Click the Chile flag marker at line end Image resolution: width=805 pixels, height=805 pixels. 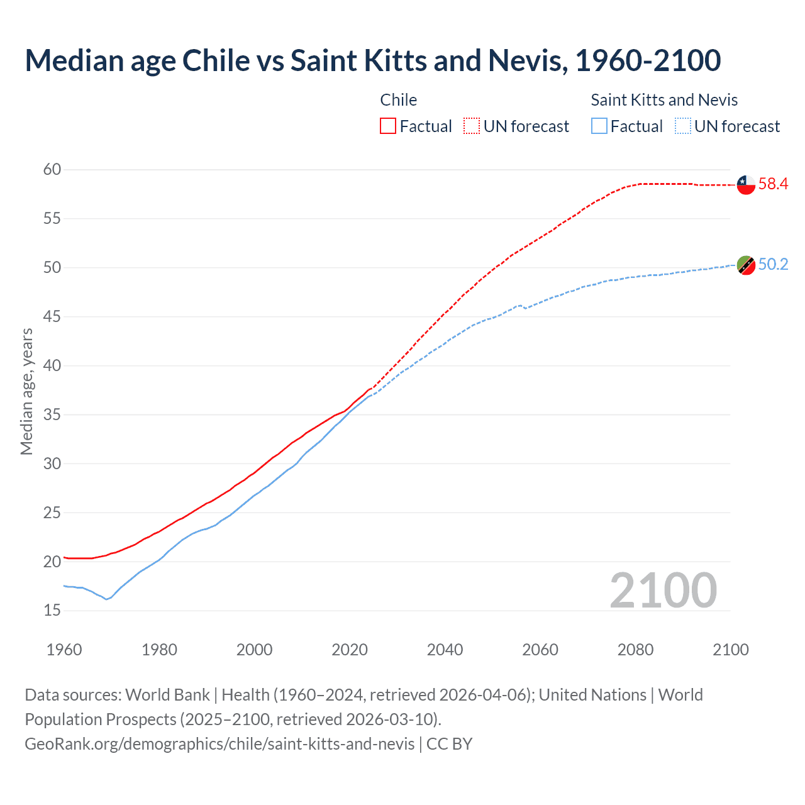[x=746, y=185]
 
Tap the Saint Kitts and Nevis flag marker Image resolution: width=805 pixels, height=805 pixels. [x=746, y=265]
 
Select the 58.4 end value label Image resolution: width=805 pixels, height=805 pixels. [x=773, y=184]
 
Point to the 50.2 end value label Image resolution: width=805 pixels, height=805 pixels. [x=773, y=265]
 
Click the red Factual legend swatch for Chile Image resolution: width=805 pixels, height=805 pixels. [x=388, y=126]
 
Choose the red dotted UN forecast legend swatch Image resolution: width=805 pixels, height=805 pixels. [x=472, y=126]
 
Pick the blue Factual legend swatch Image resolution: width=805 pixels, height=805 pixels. [x=599, y=126]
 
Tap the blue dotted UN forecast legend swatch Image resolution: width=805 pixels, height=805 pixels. [x=682, y=126]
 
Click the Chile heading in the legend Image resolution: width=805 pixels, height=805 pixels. [x=399, y=100]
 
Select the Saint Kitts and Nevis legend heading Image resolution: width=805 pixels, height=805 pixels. [x=664, y=100]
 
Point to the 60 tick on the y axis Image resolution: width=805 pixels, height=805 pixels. [x=52, y=169]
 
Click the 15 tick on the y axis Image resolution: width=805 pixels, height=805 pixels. [x=52, y=610]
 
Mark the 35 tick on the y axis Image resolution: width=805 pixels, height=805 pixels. [x=52, y=414]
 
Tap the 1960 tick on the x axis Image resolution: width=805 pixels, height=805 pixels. [x=64, y=650]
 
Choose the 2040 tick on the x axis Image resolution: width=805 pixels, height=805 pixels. [x=445, y=650]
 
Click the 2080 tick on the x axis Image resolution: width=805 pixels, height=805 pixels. [x=635, y=650]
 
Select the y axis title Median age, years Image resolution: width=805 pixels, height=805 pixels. [x=26, y=391]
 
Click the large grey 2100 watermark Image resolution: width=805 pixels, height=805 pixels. [x=663, y=590]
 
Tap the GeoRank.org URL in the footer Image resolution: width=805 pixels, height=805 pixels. [x=219, y=744]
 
